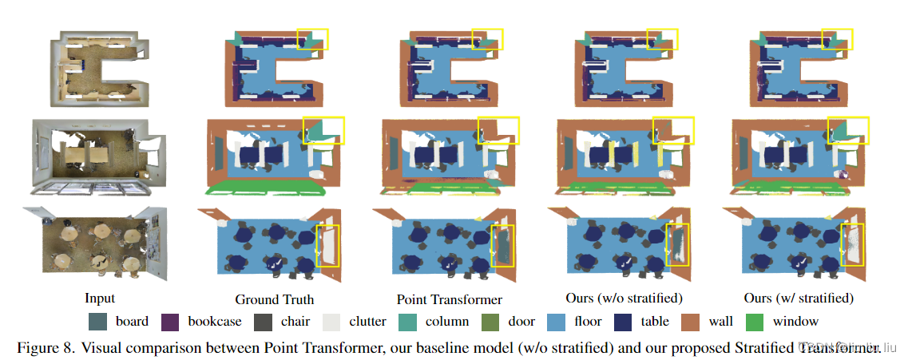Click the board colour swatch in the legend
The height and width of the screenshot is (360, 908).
[x=98, y=322]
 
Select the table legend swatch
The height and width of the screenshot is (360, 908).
[x=625, y=322]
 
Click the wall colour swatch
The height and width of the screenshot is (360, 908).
[x=692, y=322]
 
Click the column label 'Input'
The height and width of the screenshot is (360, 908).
[x=100, y=299]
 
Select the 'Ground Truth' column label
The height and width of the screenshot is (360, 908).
[x=274, y=300]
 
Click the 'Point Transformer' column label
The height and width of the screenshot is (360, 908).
[x=450, y=300]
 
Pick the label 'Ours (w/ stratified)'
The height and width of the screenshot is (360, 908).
[x=799, y=299]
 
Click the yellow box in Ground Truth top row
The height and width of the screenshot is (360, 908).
[x=312, y=38]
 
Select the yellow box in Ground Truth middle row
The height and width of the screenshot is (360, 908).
[x=323, y=131]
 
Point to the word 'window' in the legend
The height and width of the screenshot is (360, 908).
[x=795, y=322]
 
